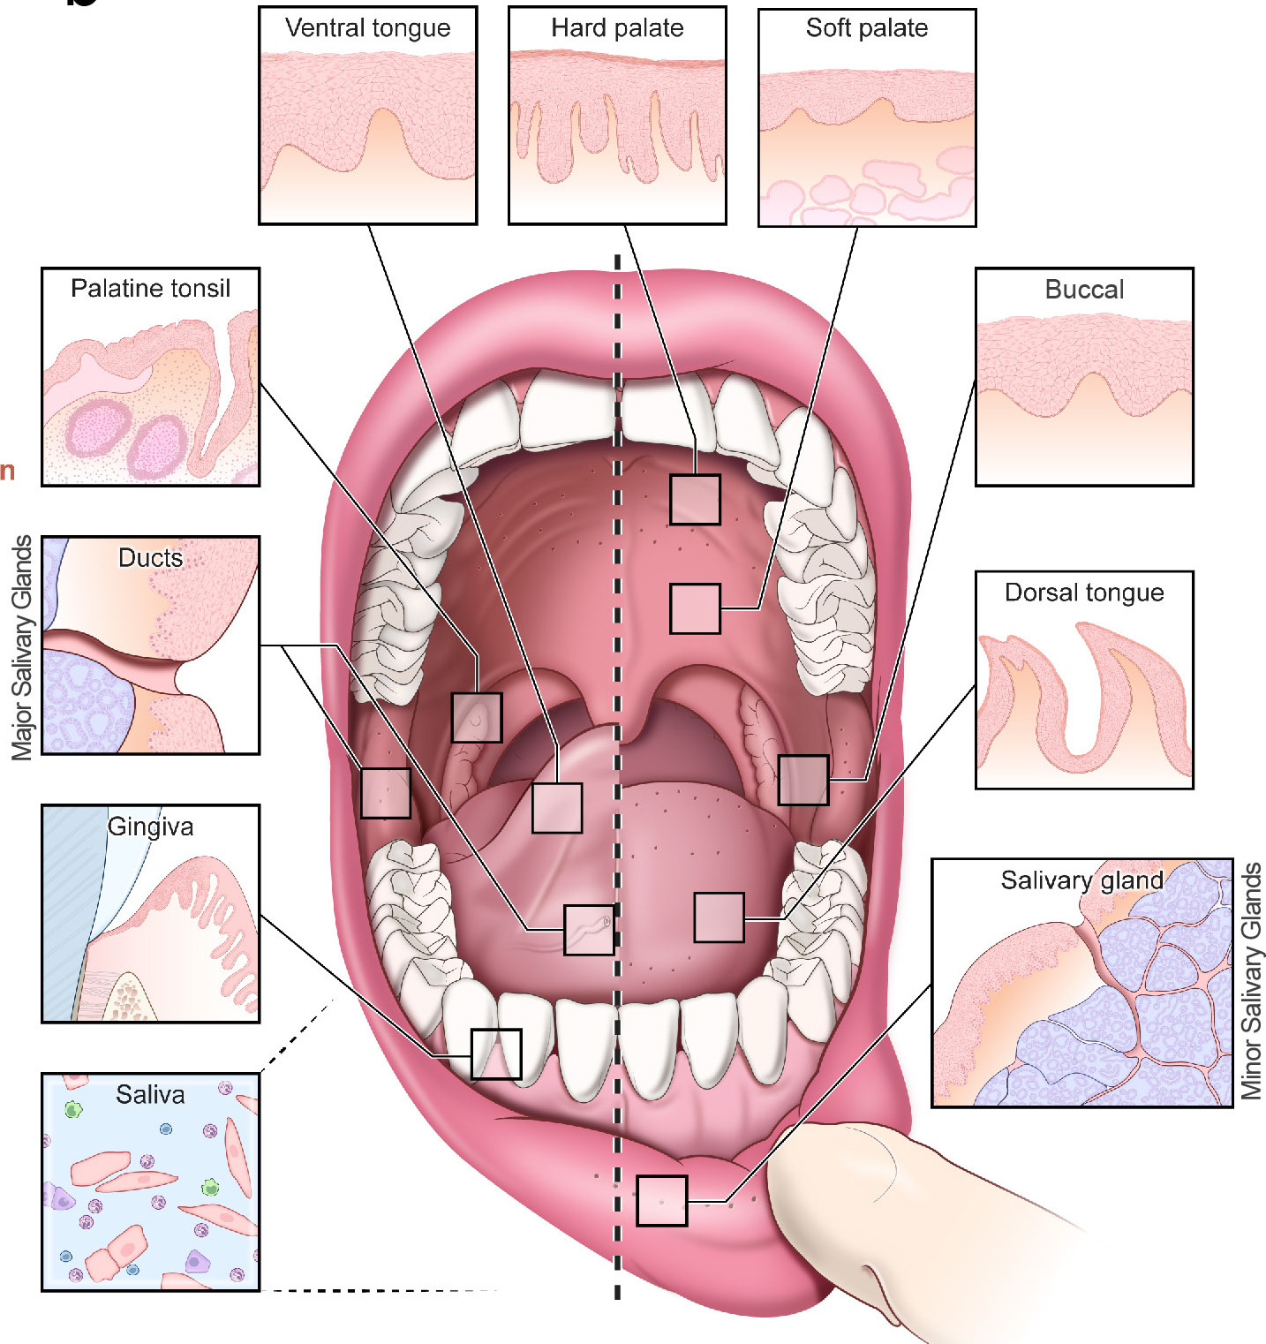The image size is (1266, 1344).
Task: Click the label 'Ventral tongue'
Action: (x=367, y=28)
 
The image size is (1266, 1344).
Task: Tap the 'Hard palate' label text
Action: (x=617, y=28)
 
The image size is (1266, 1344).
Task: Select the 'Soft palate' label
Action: (x=866, y=28)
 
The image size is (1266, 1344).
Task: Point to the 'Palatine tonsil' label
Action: (x=150, y=289)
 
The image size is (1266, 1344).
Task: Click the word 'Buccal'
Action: (x=1084, y=290)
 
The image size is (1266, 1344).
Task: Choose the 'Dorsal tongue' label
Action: (x=1084, y=593)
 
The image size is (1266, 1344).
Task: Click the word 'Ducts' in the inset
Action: (x=150, y=558)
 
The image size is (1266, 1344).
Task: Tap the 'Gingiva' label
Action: (x=150, y=827)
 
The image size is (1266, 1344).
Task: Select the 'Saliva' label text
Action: (x=150, y=1095)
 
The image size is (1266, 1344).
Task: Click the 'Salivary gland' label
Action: (x=1081, y=880)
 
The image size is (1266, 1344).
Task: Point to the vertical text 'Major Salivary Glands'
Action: (x=22, y=647)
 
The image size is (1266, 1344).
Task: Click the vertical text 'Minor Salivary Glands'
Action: (x=1251, y=981)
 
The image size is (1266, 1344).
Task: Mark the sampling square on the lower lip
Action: (x=661, y=1201)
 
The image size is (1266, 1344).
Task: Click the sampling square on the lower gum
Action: (x=496, y=1053)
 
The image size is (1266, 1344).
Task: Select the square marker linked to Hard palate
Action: (x=695, y=500)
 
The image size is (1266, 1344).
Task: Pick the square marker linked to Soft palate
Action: (x=695, y=608)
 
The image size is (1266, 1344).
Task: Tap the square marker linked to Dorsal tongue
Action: (x=719, y=917)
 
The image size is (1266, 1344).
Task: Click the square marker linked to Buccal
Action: (x=803, y=780)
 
